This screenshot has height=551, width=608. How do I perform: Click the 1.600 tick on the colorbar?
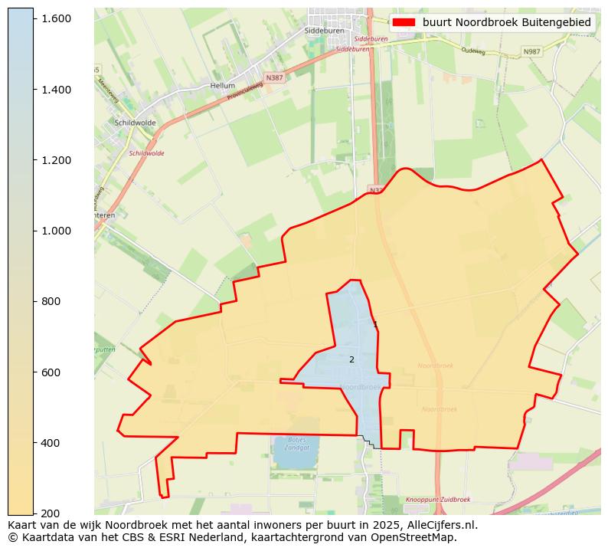[x=57, y=18]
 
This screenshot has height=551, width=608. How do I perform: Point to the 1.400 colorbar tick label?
[x=57, y=90]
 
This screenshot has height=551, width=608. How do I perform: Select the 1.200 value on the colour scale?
[x=57, y=160]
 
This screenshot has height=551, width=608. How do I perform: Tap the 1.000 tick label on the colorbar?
[x=57, y=231]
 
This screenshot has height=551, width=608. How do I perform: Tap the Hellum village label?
[x=222, y=86]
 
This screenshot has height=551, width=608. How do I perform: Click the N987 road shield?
[x=531, y=51]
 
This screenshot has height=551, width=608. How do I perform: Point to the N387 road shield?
[x=273, y=78]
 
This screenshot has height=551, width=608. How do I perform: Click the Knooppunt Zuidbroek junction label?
[x=438, y=499]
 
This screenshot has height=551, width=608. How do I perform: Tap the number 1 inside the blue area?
[x=375, y=325]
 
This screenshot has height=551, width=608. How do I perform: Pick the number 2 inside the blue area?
[x=351, y=359]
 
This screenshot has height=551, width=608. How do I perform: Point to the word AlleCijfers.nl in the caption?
[x=440, y=525]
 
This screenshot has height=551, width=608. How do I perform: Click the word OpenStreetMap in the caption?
[x=419, y=537]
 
